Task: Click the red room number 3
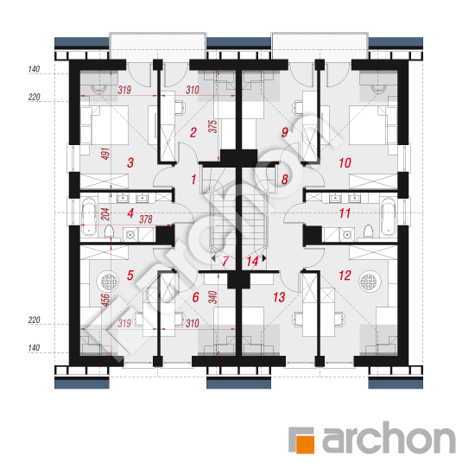pyautogui.click(x=130, y=162)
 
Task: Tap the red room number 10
pyautogui.click(x=345, y=163)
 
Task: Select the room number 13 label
pyautogui.click(x=279, y=297)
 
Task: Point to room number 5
pyautogui.click(x=130, y=275)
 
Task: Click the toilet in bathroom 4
pyautogui.click(x=110, y=232)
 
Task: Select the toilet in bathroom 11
pyautogui.click(x=368, y=231)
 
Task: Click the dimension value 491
pyautogui.click(x=105, y=154)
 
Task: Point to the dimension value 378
pyautogui.click(x=146, y=219)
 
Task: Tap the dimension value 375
pyautogui.click(x=213, y=126)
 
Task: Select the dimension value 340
pyautogui.click(x=213, y=297)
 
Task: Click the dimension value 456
pyautogui.click(x=105, y=300)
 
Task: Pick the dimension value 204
pyautogui.click(x=105, y=214)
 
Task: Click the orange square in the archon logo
pyautogui.click(x=305, y=444)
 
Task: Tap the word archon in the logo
pyautogui.click(x=389, y=438)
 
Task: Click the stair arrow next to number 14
pyautogui.click(x=264, y=258)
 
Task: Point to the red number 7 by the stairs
pyautogui.click(x=225, y=261)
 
